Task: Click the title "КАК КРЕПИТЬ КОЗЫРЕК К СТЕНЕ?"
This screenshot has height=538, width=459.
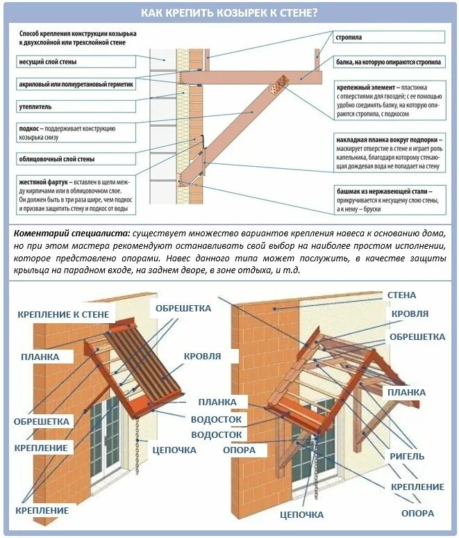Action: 229,13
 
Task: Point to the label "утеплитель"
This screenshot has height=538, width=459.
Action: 35,107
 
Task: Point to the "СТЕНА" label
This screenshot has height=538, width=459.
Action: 401,295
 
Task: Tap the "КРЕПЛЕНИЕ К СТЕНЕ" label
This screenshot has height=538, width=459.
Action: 62,315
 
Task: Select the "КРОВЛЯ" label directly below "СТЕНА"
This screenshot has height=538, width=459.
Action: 410,314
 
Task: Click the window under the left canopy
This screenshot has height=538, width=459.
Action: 104,445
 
